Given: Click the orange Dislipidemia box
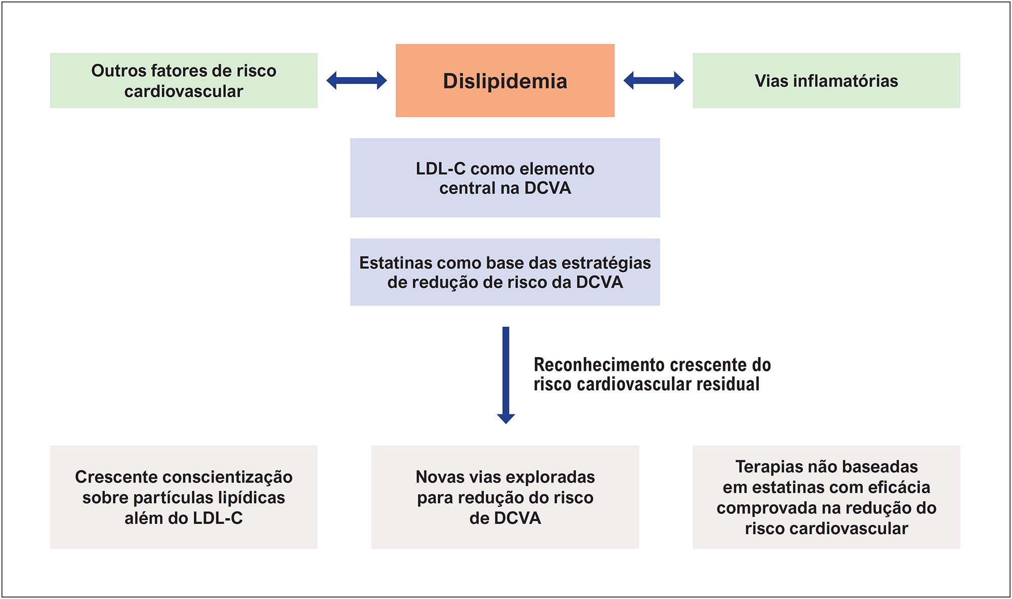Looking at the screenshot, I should point(505,81).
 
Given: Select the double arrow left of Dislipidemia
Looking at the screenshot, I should point(356,81).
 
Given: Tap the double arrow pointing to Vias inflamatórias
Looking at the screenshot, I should point(653,81).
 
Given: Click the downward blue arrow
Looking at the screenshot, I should point(505,375).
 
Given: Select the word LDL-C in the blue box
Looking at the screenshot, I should point(440,169).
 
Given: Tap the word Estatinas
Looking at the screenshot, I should point(395,263).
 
